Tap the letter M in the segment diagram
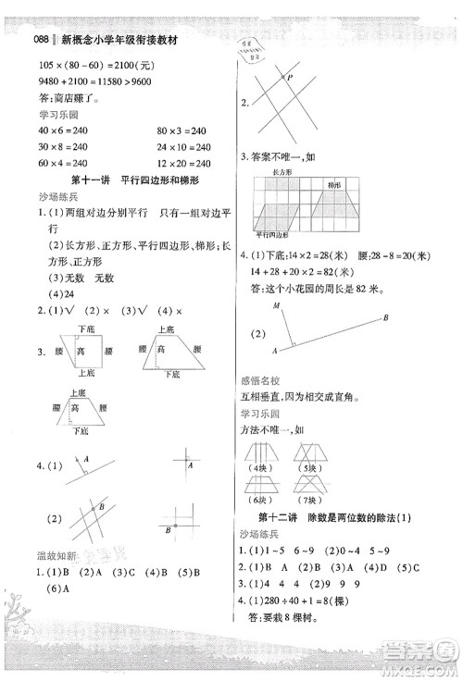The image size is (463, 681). pos(276,305)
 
